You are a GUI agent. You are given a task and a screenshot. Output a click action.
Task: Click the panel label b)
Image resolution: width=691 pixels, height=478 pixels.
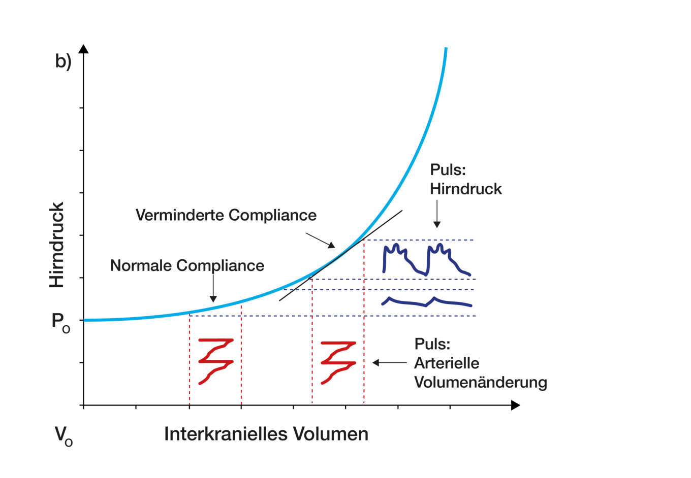point(63,61)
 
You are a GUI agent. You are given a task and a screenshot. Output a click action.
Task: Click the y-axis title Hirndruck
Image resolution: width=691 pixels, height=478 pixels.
point(57,245)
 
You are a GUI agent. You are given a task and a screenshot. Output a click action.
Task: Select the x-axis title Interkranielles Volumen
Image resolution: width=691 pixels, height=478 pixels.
point(266,434)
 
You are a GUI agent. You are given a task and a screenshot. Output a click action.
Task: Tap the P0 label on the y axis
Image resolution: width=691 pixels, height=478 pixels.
point(61,323)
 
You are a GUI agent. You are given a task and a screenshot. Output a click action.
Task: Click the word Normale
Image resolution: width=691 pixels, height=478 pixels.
point(141,265)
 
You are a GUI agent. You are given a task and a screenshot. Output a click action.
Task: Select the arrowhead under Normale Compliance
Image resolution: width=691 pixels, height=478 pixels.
point(213,299)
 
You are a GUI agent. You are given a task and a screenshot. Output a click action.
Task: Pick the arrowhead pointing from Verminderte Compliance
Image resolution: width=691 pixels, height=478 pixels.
point(332,245)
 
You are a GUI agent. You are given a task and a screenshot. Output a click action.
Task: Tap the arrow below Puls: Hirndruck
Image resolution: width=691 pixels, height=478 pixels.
point(437,214)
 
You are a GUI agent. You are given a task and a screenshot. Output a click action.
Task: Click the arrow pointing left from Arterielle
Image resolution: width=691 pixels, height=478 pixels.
point(390,363)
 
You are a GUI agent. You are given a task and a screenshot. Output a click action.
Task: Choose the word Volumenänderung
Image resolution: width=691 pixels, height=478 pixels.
point(481,382)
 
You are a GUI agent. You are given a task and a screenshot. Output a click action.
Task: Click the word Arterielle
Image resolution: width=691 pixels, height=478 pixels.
point(447,363)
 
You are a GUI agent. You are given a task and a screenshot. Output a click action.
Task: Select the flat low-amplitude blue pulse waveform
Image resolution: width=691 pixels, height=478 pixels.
point(427,302)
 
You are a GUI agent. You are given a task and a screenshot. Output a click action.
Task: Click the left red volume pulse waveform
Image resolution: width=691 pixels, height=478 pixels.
point(216,361)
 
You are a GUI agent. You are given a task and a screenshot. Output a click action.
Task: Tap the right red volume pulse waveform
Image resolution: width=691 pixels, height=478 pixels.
point(338,363)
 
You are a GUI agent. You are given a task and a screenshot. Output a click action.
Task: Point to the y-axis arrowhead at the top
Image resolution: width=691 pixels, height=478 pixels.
point(84,49)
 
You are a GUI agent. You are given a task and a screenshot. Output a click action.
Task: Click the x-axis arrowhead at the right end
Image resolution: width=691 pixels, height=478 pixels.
point(516,405)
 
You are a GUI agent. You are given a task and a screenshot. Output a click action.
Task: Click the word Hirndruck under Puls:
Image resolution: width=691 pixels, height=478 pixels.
point(466,189)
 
